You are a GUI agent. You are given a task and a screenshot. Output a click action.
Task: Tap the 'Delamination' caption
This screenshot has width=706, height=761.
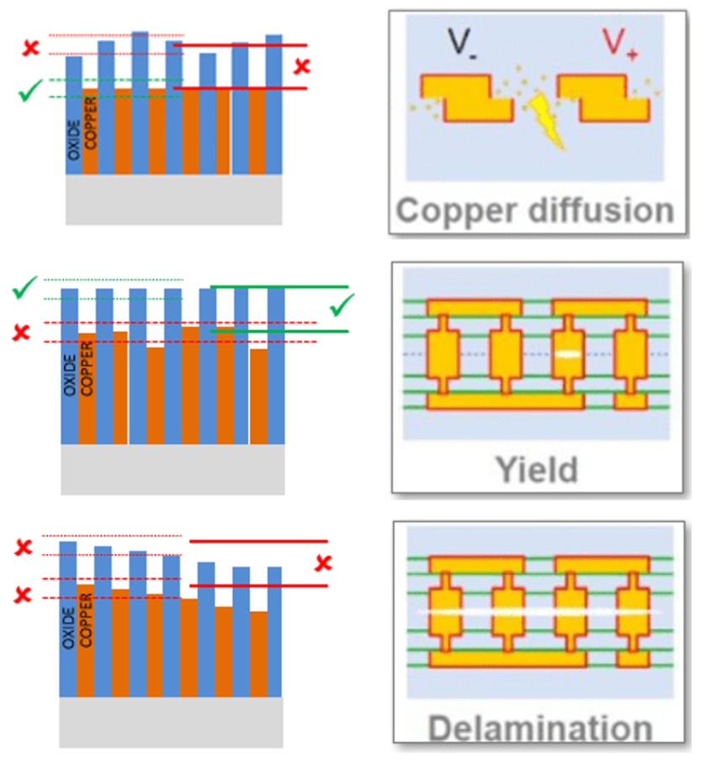(538, 727)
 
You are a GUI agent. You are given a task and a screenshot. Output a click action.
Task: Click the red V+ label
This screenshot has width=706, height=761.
(618, 43)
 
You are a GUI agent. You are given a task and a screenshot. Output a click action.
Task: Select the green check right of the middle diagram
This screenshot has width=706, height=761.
(342, 306)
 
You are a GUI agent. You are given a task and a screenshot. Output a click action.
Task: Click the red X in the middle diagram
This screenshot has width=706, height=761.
(22, 333)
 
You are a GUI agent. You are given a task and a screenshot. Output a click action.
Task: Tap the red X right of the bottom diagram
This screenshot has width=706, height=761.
(323, 563)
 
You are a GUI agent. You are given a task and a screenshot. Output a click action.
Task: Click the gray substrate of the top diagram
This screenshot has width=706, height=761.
(173, 200)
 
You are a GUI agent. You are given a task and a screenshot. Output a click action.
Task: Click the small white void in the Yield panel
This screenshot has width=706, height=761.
(567, 354)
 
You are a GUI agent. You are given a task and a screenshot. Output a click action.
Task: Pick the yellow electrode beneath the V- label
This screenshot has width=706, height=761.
(466, 96)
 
